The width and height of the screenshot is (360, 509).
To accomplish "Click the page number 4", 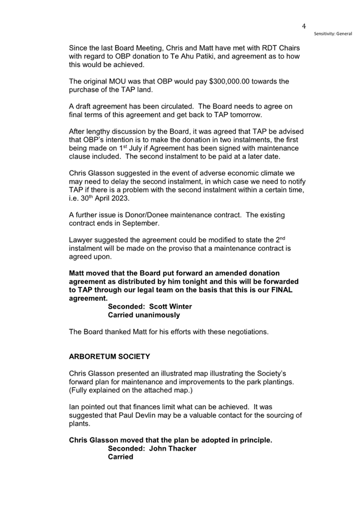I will click(x=303, y=26).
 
